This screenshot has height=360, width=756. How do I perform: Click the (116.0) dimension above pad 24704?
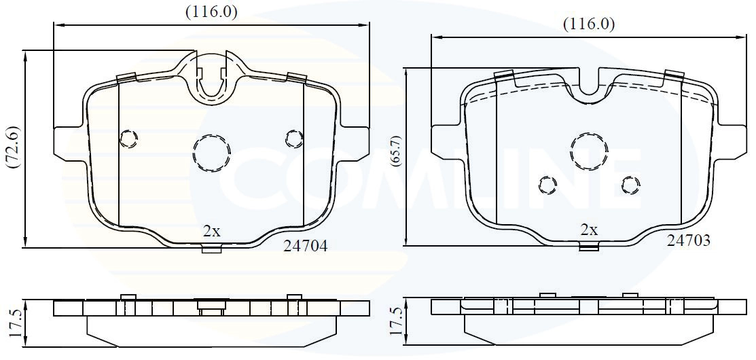(x=211, y=12)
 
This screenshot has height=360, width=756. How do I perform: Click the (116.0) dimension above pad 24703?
(x=589, y=24)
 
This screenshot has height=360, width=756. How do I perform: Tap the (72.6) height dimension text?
(x=12, y=147)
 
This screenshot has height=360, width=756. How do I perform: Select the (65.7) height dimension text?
(x=397, y=151)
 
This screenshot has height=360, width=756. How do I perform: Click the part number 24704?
(x=305, y=247)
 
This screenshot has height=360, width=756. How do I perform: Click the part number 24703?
(x=688, y=240)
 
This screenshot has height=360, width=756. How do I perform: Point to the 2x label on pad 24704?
(x=211, y=232)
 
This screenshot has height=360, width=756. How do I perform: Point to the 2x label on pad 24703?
(x=589, y=230)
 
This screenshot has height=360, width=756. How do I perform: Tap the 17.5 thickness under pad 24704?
(x=14, y=323)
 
